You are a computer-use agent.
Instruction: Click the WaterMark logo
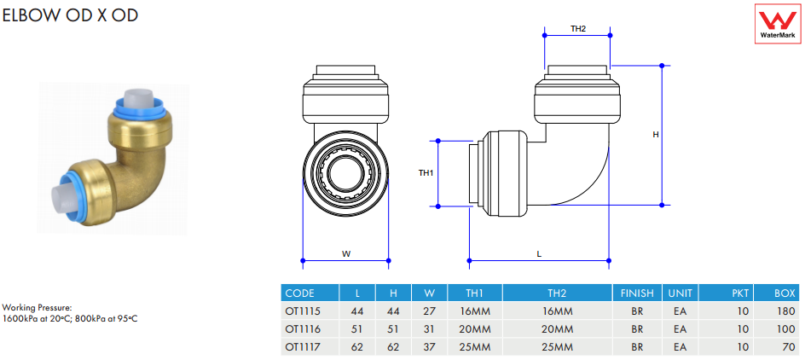tap(778, 24)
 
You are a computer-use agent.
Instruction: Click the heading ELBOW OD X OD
tap(70, 15)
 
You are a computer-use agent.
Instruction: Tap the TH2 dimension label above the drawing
tap(578, 29)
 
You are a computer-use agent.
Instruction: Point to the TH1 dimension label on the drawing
tap(426, 173)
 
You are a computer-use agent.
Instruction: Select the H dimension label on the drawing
tap(656, 135)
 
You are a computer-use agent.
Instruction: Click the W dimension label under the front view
tap(346, 253)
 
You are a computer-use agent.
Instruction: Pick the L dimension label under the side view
tap(539, 253)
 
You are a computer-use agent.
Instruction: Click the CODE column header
tap(299, 293)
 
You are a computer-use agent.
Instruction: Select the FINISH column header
tap(637, 293)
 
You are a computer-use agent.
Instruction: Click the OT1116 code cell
tap(303, 329)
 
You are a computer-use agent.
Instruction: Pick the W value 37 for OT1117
tap(430, 347)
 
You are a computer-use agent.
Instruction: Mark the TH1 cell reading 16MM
tap(475, 311)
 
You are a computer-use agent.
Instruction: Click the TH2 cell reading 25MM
tap(558, 347)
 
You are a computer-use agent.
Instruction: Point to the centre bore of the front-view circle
tap(345, 173)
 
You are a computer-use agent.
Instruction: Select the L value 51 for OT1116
tap(358, 329)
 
